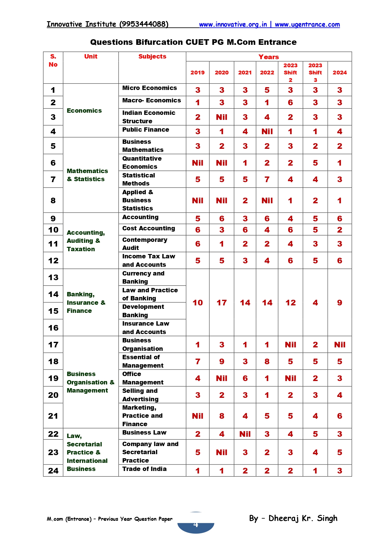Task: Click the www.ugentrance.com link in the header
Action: pyautogui.click(x=307, y=25)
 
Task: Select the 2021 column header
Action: pyautogui.click(x=245, y=73)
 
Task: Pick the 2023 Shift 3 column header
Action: pyautogui.click(x=315, y=73)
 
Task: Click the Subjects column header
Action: pyautogui.click(x=152, y=57)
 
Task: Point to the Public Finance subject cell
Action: pyautogui.click(x=146, y=130)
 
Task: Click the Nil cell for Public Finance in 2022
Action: pyautogui.click(x=267, y=132)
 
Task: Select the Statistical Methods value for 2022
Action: pyautogui.click(x=267, y=180)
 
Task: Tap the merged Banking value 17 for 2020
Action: pyautogui.click(x=221, y=303)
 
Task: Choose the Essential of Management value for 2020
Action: pyautogui.click(x=221, y=362)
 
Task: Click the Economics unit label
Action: pyautogui.click(x=84, y=111)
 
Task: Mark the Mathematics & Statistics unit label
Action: pyautogui.click(x=87, y=175)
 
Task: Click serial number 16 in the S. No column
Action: pyautogui.click(x=53, y=328)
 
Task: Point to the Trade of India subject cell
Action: pyautogui.click(x=144, y=469)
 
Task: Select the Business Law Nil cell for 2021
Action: pyautogui.click(x=245, y=434)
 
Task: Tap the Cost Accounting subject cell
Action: pyautogui.click(x=148, y=228)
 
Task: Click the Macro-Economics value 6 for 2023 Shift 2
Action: pyautogui.click(x=290, y=103)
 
